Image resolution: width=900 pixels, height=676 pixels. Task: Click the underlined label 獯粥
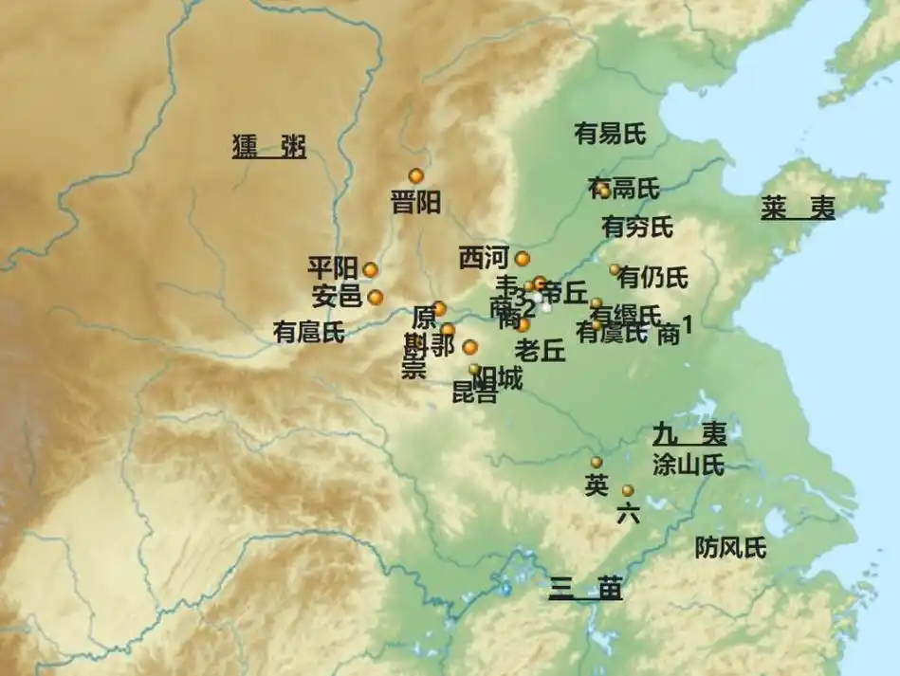pyautogui.click(x=269, y=147)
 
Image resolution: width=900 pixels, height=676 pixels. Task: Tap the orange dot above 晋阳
pyautogui.click(x=415, y=175)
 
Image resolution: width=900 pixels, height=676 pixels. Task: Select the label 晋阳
pyautogui.click(x=415, y=202)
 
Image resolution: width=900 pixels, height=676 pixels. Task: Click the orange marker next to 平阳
pyautogui.click(x=370, y=269)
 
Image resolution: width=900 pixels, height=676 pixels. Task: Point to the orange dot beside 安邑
pyautogui.click(x=376, y=297)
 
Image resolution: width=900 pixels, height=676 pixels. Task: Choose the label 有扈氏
pyautogui.click(x=308, y=332)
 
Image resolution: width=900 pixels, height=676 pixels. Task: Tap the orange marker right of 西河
pyautogui.click(x=523, y=258)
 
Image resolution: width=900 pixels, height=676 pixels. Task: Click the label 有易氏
pyautogui.click(x=610, y=134)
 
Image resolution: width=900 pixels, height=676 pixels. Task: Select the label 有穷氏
pyautogui.click(x=637, y=228)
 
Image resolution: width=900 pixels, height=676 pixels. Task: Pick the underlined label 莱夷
pyautogui.click(x=798, y=208)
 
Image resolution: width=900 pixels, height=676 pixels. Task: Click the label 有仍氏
pyautogui.click(x=652, y=278)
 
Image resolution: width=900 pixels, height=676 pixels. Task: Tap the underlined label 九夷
pyautogui.click(x=689, y=434)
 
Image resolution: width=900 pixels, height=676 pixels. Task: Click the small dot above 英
pyautogui.click(x=597, y=462)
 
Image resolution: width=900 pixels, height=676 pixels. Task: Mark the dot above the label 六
pyautogui.click(x=627, y=490)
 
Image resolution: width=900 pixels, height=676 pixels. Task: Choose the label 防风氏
pyautogui.click(x=730, y=547)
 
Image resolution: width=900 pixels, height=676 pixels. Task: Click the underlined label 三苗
pyautogui.click(x=585, y=589)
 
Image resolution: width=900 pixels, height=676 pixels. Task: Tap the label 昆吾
pyautogui.click(x=474, y=393)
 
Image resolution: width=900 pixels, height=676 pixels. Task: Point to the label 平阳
pyautogui.click(x=333, y=267)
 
